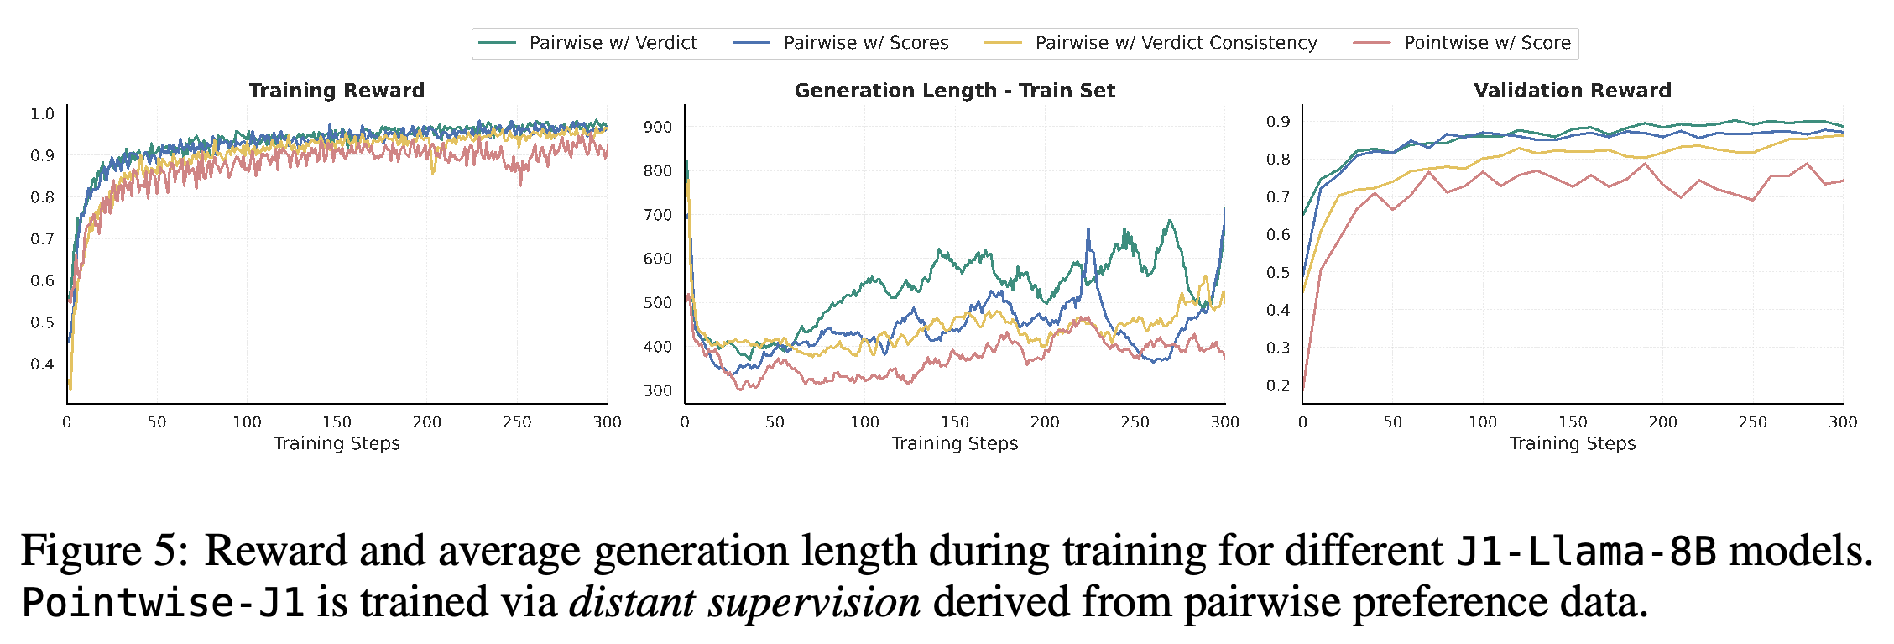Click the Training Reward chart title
click(337, 91)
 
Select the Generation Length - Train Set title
click(955, 91)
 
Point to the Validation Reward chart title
click(1573, 91)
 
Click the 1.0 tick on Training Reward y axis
click(43, 114)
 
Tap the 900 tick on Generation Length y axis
click(658, 128)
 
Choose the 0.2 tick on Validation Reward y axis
click(1279, 385)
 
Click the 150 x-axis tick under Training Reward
click(337, 422)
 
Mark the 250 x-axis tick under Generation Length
click(1135, 422)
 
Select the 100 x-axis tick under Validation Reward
click(1483, 422)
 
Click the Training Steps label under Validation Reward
click(1573, 444)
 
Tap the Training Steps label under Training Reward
click(337, 444)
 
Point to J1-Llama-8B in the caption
click(1586, 552)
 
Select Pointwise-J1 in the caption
click(163, 603)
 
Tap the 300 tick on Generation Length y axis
click(658, 391)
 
